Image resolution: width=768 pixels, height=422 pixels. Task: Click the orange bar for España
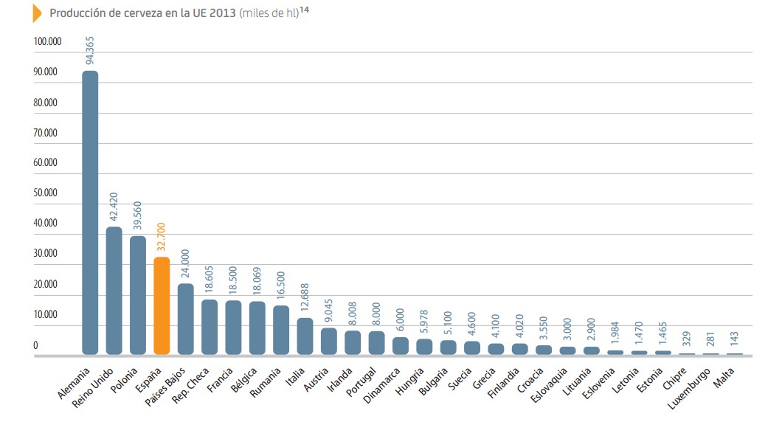pos(162,305)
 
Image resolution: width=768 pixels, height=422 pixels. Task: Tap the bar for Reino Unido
pos(114,291)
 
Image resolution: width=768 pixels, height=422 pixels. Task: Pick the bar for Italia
pos(305,336)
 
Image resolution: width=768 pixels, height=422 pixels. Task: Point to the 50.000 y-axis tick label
pos(46,193)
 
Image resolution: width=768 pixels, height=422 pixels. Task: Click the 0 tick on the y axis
pos(35,345)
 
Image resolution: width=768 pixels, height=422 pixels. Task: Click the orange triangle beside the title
pos(37,13)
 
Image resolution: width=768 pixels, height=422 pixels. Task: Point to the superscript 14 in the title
pos(304,10)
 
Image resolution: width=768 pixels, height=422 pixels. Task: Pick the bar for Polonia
pos(138,295)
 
